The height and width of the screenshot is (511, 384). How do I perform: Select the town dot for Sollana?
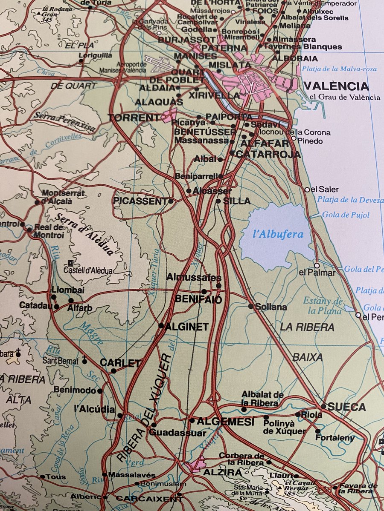click(251, 306)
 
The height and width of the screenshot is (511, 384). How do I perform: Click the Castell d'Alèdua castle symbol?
click(71, 263)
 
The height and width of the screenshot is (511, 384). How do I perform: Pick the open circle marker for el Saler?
click(307, 189)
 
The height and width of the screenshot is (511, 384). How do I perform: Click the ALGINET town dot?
click(161, 326)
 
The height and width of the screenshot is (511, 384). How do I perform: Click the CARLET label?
click(120, 363)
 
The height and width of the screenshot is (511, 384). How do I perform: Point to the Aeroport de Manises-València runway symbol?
click(158, 63)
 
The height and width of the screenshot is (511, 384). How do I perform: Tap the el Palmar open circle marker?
click(317, 265)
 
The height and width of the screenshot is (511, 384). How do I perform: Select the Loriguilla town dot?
click(81, 60)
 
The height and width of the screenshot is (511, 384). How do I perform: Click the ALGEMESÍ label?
click(225, 422)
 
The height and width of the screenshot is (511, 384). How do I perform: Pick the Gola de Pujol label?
click(346, 215)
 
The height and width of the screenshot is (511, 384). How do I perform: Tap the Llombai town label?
click(68, 290)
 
